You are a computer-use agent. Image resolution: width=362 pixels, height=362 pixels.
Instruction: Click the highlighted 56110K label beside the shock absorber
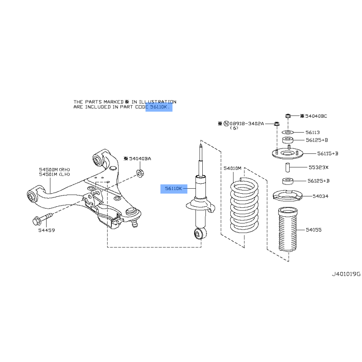pyautogui.click(x=173, y=189)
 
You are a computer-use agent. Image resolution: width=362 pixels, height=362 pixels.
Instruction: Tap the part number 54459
pyautogui.click(x=47, y=230)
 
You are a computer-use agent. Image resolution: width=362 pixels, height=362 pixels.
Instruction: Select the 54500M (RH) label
pyautogui.click(x=54, y=170)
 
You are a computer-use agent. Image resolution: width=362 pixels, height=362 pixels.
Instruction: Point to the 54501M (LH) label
pyautogui.click(x=54, y=175)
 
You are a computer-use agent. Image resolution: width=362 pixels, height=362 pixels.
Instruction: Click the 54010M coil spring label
pyautogui.click(x=233, y=168)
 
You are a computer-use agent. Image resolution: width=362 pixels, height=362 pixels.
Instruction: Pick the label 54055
pyautogui.click(x=314, y=230)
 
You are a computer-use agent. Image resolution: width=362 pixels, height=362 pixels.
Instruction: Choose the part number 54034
pyautogui.click(x=320, y=196)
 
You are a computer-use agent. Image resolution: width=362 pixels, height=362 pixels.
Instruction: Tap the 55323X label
pyautogui.click(x=319, y=167)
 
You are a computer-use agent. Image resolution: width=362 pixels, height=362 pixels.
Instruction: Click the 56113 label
pyautogui.click(x=313, y=132)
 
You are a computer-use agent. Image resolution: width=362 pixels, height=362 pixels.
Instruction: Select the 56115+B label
pyautogui.click(x=328, y=153)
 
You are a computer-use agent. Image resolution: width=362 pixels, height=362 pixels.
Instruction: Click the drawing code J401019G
pyautogui.click(x=346, y=274)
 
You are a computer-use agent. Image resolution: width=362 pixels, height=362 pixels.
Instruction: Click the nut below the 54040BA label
pyautogui.click(x=140, y=173)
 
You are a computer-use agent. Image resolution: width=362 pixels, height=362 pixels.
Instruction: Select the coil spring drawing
pyautogui.click(x=244, y=205)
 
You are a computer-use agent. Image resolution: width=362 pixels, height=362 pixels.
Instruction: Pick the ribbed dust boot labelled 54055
pyautogui.click(x=288, y=229)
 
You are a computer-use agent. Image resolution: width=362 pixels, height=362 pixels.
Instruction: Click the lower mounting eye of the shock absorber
pyautogui.click(x=200, y=233)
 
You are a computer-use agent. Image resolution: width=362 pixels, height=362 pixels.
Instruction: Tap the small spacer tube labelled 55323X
pyautogui.click(x=288, y=167)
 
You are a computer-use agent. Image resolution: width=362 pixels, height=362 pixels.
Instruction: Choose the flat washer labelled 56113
pyautogui.click(x=288, y=132)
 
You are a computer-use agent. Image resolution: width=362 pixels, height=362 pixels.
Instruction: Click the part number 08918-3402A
pyautogui.click(x=247, y=124)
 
